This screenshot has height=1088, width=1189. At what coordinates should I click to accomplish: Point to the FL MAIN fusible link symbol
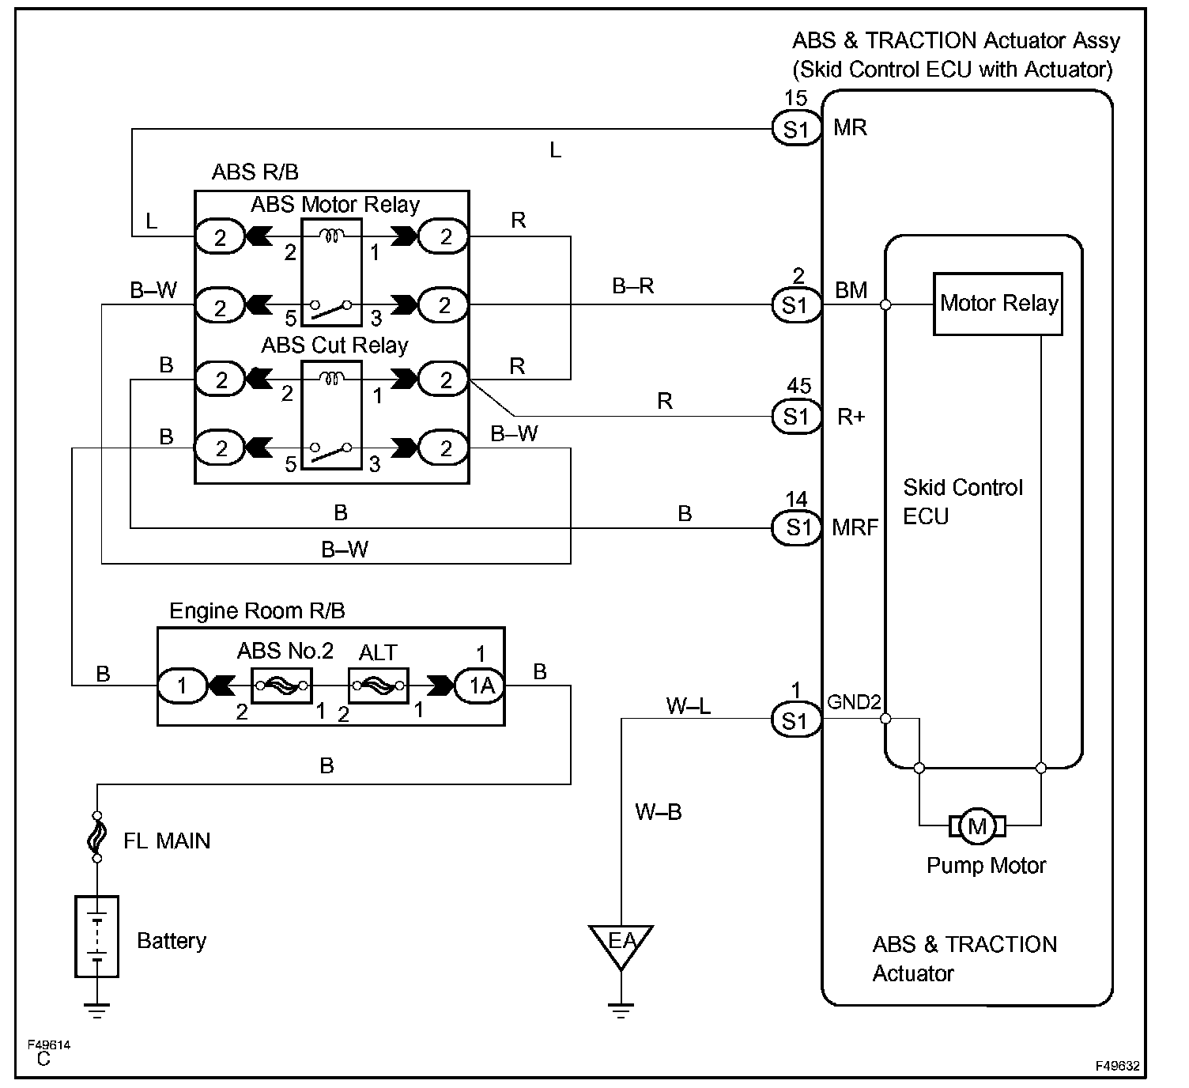[97, 836]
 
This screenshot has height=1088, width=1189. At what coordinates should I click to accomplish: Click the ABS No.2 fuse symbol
[281, 686]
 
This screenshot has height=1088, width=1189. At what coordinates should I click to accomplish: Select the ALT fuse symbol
[378, 686]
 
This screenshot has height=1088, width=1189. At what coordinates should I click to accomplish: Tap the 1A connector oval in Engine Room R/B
[480, 686]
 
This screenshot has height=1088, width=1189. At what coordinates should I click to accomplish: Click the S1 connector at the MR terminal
[796, 129]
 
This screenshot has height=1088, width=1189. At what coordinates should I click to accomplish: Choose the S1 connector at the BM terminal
[796, 304]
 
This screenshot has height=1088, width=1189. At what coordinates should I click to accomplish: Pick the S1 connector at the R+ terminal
[796, 416]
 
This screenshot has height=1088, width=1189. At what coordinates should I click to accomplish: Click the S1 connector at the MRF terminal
[796, 527]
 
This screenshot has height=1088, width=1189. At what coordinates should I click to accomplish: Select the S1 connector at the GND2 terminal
[796, 720]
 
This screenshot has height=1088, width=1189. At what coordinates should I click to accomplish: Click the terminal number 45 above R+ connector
[798, 386]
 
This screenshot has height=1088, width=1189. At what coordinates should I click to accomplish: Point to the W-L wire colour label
[688, 705]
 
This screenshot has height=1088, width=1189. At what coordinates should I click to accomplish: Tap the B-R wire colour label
[632, 285]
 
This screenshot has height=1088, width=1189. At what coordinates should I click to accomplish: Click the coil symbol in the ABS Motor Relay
[331, 236]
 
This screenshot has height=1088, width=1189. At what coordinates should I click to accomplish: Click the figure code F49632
[1117, 1066]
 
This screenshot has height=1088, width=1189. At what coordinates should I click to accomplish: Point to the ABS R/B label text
[255, 172]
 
